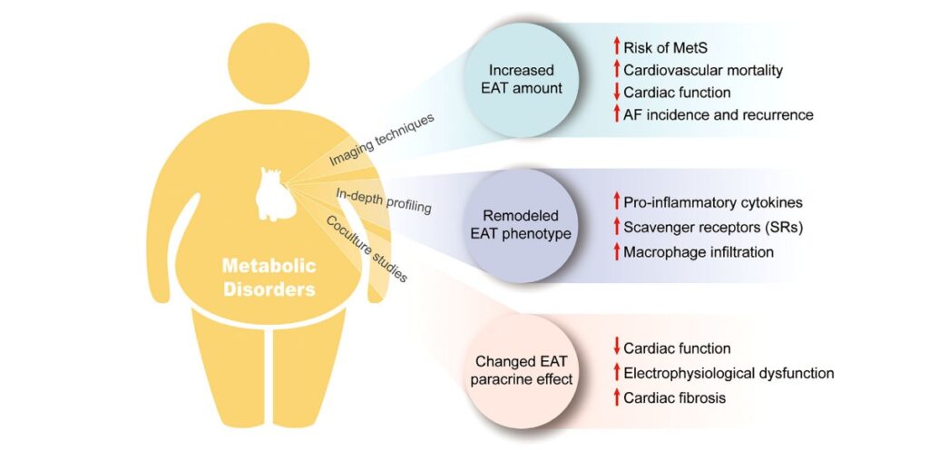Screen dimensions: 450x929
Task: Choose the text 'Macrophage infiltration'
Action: click(699, 252)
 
